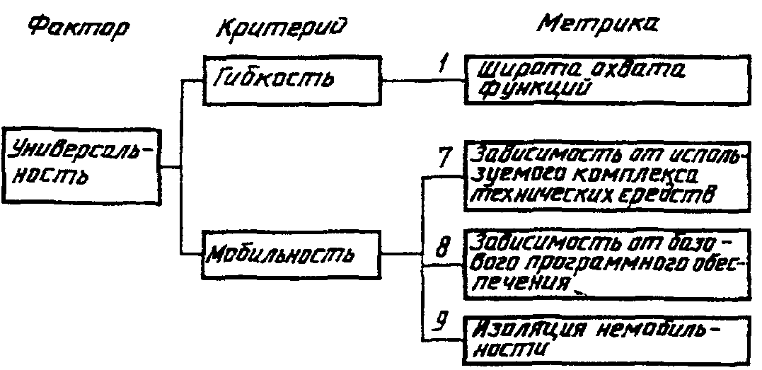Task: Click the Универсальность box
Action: (x=81, y=168)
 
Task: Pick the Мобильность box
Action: (x=294, y=253)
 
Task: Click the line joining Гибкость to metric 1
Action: (x=421, y=80)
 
